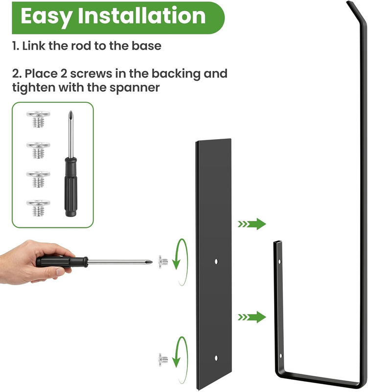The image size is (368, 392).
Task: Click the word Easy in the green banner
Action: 46,17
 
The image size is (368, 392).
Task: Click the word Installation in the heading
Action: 142,16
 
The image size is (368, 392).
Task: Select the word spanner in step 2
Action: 135,88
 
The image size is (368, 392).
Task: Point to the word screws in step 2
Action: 91,74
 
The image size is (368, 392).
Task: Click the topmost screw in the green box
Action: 38,119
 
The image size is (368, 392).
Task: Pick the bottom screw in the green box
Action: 38,208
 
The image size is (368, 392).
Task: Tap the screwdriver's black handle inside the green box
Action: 70,187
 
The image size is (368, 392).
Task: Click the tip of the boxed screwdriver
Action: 71,111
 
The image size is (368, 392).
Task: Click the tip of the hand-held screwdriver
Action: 152,262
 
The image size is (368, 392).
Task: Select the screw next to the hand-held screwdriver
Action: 163,262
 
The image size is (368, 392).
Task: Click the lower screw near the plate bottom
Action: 163,360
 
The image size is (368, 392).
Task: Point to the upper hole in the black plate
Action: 216,262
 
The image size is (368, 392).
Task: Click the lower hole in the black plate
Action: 216,358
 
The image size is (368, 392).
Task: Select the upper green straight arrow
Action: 252,224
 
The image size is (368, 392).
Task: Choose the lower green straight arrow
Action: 252,317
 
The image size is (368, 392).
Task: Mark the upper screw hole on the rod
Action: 279,262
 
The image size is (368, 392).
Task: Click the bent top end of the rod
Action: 353,10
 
